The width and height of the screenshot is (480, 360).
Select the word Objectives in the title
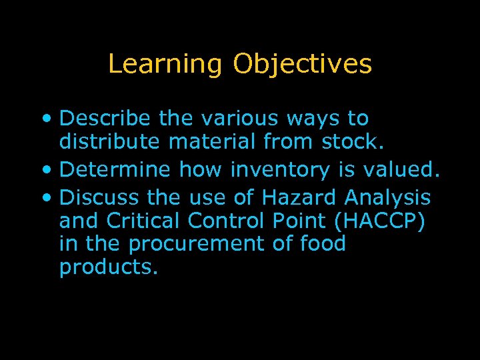click(x=302, y=65)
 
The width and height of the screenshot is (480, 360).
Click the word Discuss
click(x=99, y=197)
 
